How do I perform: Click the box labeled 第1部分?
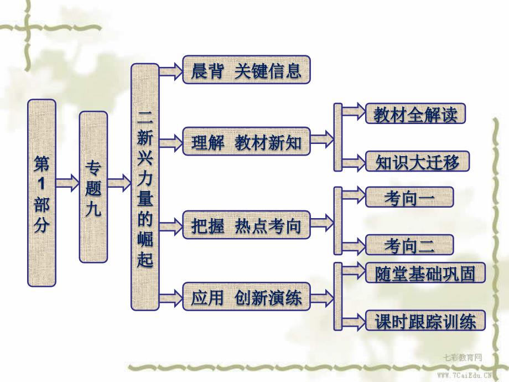pyautogui.click(x=42, y=192)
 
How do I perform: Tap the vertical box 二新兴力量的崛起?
pyautogui.click(x=144, y=186)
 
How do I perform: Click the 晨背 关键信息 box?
pyautogui.click(x=246, y=70)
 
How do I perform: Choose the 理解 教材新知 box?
pyautogui.click(x=246, y=142)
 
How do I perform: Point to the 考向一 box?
pyautogui.click(x=409, y=198)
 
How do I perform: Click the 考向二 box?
pyautogui.click(x=409, y=244)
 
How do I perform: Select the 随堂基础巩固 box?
pyautogui.click(x=425, y=272)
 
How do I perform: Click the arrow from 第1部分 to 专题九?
pyautogui.click(x=67, y=182)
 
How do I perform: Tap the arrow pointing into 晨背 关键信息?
pyautogui.click(x=170, y=70)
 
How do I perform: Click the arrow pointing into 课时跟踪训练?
pyautogui.click(x=353, y=320)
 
